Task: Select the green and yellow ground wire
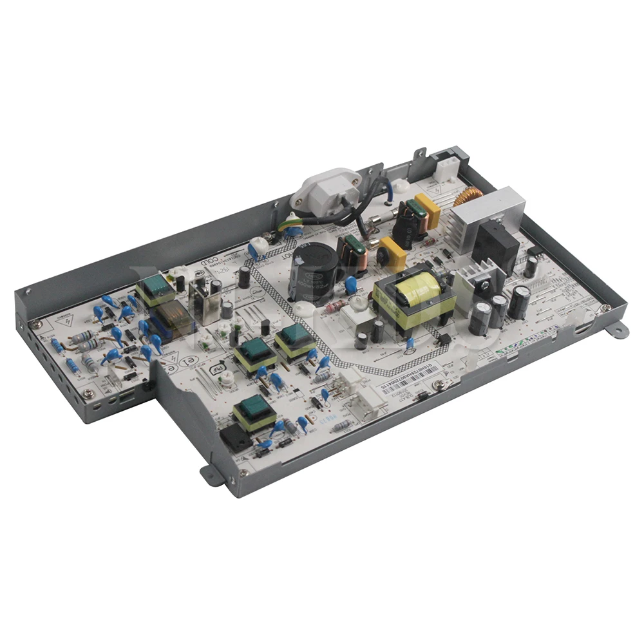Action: coord(290,223)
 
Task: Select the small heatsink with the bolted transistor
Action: coord(475,282)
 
